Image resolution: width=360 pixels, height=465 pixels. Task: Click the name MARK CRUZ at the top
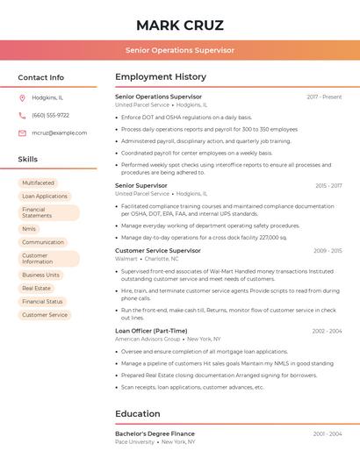(180, 25)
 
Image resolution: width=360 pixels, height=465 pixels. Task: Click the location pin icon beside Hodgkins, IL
(22, 97)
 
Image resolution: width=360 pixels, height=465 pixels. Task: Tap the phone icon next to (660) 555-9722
(22, 115)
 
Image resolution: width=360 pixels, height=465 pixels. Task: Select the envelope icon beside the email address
(22, 132)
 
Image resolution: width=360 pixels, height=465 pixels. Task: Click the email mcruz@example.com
(59, 132)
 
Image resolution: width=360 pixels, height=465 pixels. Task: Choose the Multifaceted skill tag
(38, 183)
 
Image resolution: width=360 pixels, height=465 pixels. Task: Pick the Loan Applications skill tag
(45, 197)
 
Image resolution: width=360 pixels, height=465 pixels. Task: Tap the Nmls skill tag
(29, 229)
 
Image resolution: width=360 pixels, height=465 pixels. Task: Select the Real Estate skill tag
(36, 288)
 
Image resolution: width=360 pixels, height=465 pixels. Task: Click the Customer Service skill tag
(45, 314)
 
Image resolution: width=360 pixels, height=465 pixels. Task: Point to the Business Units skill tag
(40, 275)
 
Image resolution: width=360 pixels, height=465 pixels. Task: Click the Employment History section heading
(161, 77)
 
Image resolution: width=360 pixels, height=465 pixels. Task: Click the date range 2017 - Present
(324, 97)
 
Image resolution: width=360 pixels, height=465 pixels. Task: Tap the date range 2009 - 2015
(328, 251)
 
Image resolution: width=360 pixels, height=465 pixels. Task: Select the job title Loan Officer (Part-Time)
(151, 331)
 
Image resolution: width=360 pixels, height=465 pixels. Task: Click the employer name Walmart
(126, 259)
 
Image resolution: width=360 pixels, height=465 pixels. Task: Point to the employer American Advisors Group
(148, 339)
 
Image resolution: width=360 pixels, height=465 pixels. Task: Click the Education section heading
(138, 413)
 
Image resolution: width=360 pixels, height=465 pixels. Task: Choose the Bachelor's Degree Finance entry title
(155, 433)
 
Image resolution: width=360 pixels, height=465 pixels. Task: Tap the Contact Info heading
(40, 77)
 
